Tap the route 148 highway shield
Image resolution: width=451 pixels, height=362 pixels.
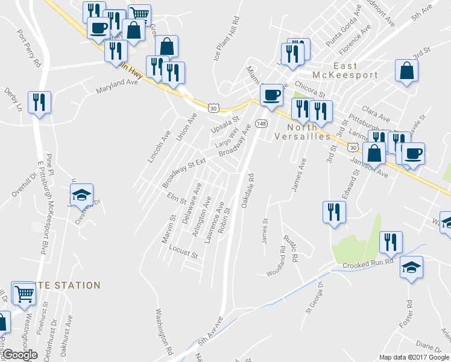point(261,123)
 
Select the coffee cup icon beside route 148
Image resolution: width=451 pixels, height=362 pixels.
point(271,94)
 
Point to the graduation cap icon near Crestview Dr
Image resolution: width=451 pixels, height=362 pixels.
point(81,194)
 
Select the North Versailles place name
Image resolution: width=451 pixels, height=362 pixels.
point(309,132)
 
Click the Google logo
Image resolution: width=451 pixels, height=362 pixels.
point(20,355)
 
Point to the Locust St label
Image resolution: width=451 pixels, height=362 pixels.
point(183,252)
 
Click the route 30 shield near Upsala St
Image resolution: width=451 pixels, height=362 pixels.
point(213,107)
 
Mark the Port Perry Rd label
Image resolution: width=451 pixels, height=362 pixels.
point(28,48)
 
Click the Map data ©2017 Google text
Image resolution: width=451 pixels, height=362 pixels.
point(414,357)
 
